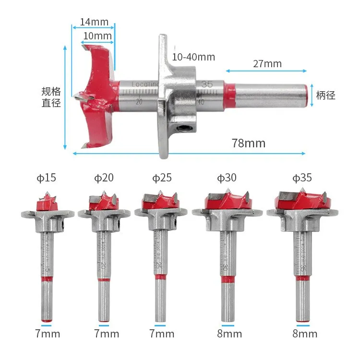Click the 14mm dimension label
[x=94, y=22]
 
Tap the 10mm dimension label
[x=97, y=36]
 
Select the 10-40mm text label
[x=193, y=57]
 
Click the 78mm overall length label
[x=248, y=143]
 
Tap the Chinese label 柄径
[x=325, y=95]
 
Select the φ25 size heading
[x=162, y=178]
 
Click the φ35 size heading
[x=302, y=178]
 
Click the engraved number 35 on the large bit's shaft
[x=207, y=84]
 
